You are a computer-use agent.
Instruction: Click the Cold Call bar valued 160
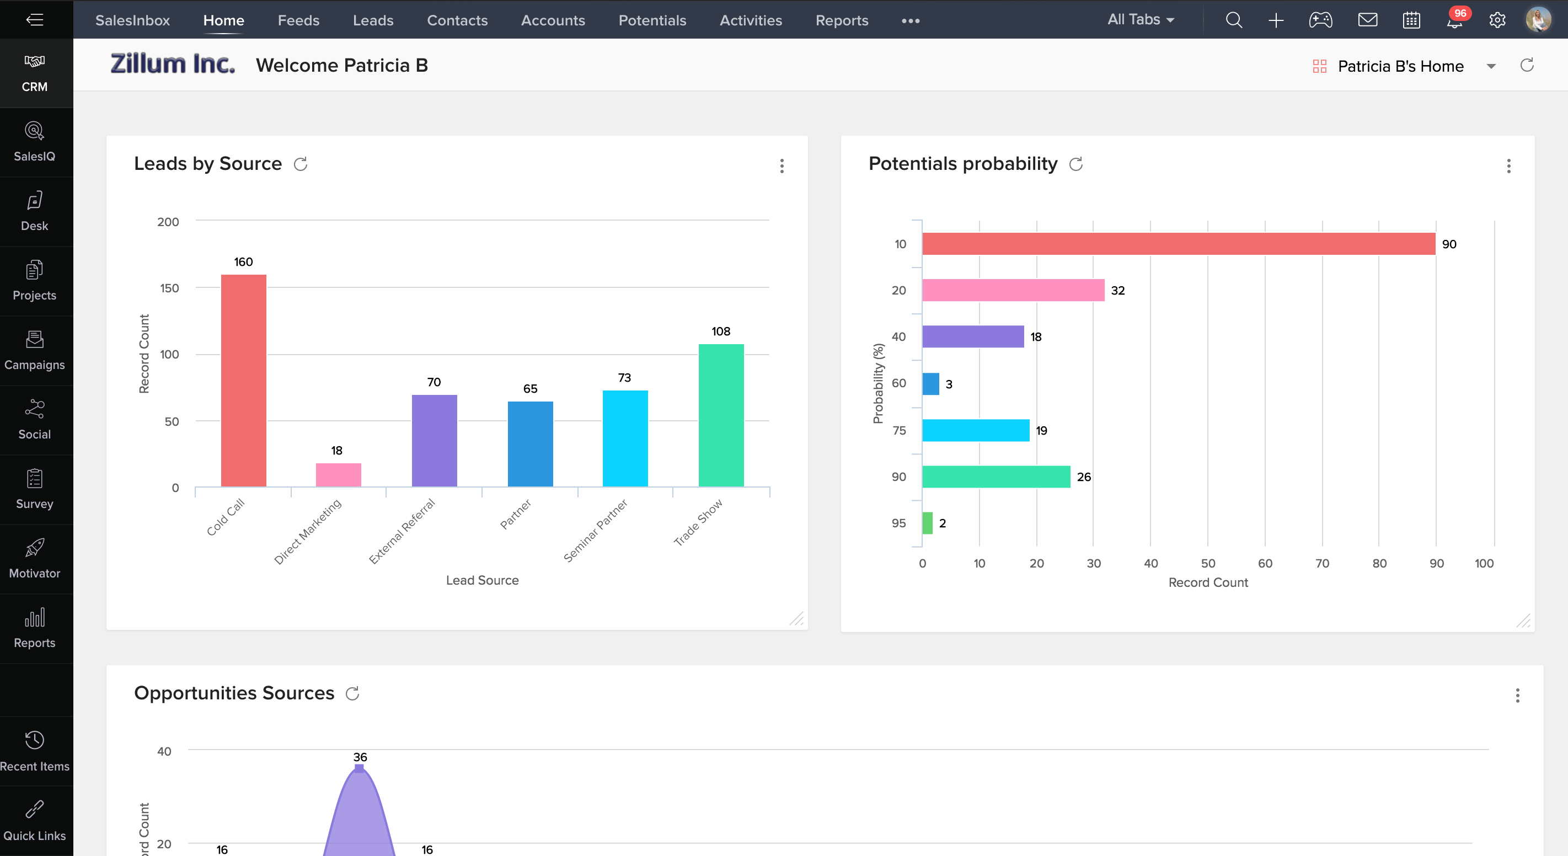click(243, 381)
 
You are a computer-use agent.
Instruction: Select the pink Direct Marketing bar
click(339, 475)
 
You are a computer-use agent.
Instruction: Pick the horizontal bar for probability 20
click(1013, 291)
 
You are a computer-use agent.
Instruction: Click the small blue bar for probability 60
click(930, 383)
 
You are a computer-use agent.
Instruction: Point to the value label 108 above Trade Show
click(721, 331)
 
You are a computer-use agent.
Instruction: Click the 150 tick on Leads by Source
click(169, 288)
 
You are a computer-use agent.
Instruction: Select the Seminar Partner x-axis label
click(595, 530)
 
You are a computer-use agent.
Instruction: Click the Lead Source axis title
click(482, 580)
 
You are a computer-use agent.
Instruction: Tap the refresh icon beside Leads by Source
click(301, 164)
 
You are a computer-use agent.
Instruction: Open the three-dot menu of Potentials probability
click(1508, 165)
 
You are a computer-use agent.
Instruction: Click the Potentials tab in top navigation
click(652, 20)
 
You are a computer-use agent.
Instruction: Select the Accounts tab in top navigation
click(553, 20)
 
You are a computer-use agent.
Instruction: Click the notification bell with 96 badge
click(1455, 22)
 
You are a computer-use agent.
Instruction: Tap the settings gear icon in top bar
click(1497, 20)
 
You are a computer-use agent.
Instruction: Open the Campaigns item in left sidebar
click(35, 350)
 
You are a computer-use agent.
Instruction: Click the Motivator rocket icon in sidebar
click(35, 548)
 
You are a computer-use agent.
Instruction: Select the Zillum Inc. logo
click(172, 64)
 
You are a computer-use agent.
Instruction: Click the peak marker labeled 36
click(359, 768)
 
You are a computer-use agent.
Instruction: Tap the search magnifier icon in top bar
click(1233, 20)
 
